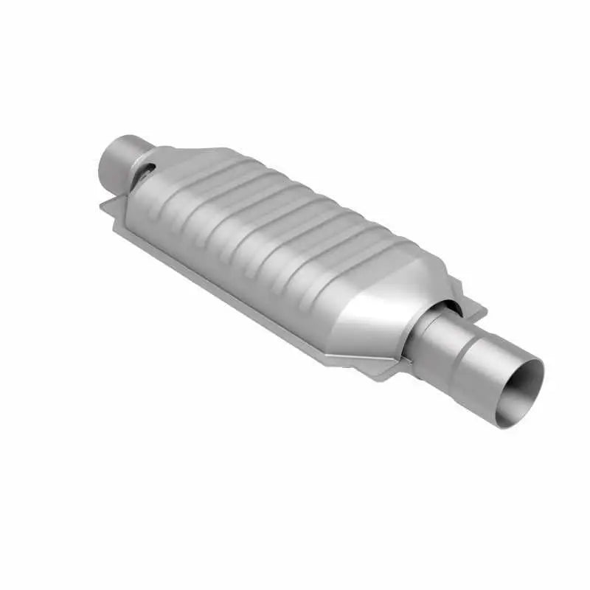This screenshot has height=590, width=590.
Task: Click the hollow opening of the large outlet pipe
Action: tap(520, 391)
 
